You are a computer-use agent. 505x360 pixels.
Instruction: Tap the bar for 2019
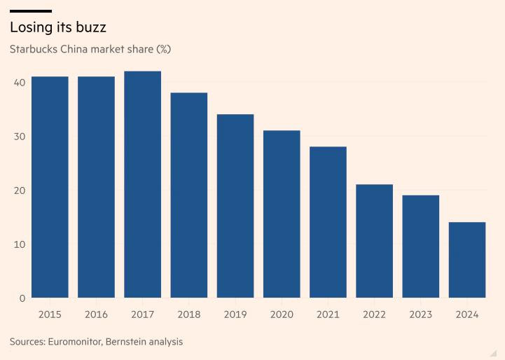click(235, 206)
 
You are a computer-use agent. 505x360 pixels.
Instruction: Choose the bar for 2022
click(374, 241)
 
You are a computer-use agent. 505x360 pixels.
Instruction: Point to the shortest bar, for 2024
click(467, 260)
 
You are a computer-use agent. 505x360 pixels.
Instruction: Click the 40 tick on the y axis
click(18, 83)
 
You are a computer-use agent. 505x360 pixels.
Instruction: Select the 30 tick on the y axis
click(18, 137)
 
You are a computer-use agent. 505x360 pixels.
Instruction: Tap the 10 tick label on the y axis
click(18, 244)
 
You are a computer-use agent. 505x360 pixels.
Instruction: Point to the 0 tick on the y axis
click(22, 298)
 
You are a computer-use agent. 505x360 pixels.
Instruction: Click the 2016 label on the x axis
click(96, 314)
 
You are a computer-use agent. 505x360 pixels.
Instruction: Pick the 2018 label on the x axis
click(188, 314)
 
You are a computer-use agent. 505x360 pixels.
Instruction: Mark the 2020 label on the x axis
click(282, 314)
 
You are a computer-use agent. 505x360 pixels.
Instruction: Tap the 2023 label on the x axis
click(420, 314)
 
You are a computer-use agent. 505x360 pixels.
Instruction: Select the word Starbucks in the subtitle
click(34, 50)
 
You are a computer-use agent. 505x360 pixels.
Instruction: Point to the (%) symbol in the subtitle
click(162, 50)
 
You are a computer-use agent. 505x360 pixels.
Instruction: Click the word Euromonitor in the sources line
click(79, 342)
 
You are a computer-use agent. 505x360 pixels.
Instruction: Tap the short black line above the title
click(31, 11)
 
